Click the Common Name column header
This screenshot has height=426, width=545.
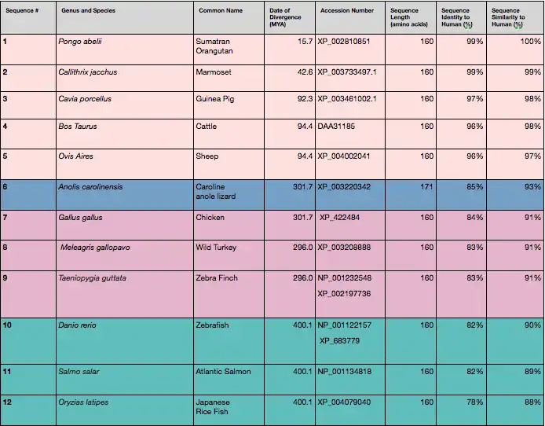click(218, 11)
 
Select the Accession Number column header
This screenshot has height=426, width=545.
click(346, 11)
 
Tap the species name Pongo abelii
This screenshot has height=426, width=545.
click(79, 41)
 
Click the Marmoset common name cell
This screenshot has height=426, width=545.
click(213, 72)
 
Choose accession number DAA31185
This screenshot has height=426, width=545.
click(336, 126)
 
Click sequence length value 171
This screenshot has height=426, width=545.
click(426, 187)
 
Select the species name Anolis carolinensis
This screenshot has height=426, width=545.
click(90, 187)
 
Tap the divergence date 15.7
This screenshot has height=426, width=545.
click(302, 41)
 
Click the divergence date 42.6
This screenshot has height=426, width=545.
click(302, 72)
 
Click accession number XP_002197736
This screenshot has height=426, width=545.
click(344, 293)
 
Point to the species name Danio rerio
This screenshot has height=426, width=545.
click(77, 325)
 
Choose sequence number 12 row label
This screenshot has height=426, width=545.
click(7, 402)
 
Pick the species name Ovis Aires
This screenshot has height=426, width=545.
click(75, 156)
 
